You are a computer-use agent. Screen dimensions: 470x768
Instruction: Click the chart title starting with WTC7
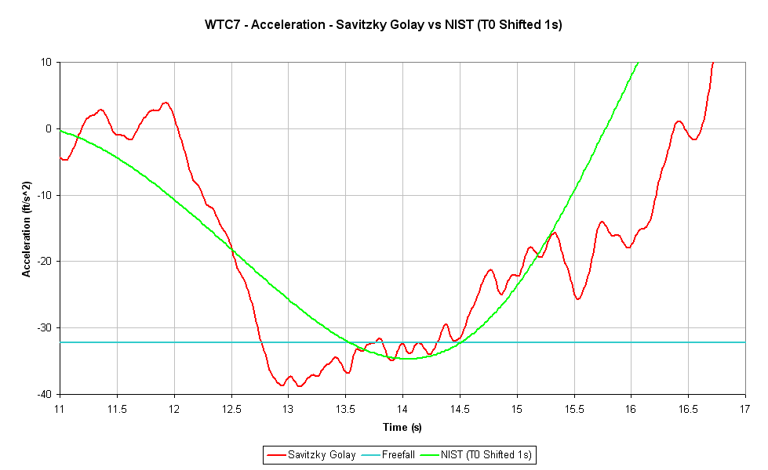(x=384, y=25)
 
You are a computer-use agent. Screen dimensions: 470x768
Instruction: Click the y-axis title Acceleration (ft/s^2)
(x=27, y=227)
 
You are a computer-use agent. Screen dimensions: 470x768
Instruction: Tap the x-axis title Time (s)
(x=402, y=427)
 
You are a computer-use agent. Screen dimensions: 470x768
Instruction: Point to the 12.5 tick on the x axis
(x=231, y=409)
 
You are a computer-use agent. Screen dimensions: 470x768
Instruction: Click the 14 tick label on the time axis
(x=402, y=409)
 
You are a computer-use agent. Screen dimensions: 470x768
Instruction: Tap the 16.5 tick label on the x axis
(x=688, y=409)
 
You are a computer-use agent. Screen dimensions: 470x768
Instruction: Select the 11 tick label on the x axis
(x=60, y=409)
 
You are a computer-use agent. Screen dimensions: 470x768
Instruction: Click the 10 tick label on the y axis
(x=47, y=63)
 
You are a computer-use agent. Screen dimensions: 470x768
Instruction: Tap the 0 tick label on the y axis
(x=49, y=128)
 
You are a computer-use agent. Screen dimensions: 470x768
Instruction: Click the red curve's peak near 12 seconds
(x=165, y=103)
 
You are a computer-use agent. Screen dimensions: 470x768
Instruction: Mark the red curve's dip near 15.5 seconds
(x=577, y=298)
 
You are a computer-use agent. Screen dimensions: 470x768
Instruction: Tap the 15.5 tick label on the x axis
(x=573, y=409)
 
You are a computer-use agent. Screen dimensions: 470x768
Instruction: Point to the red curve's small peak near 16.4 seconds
(x=679, y=121)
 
